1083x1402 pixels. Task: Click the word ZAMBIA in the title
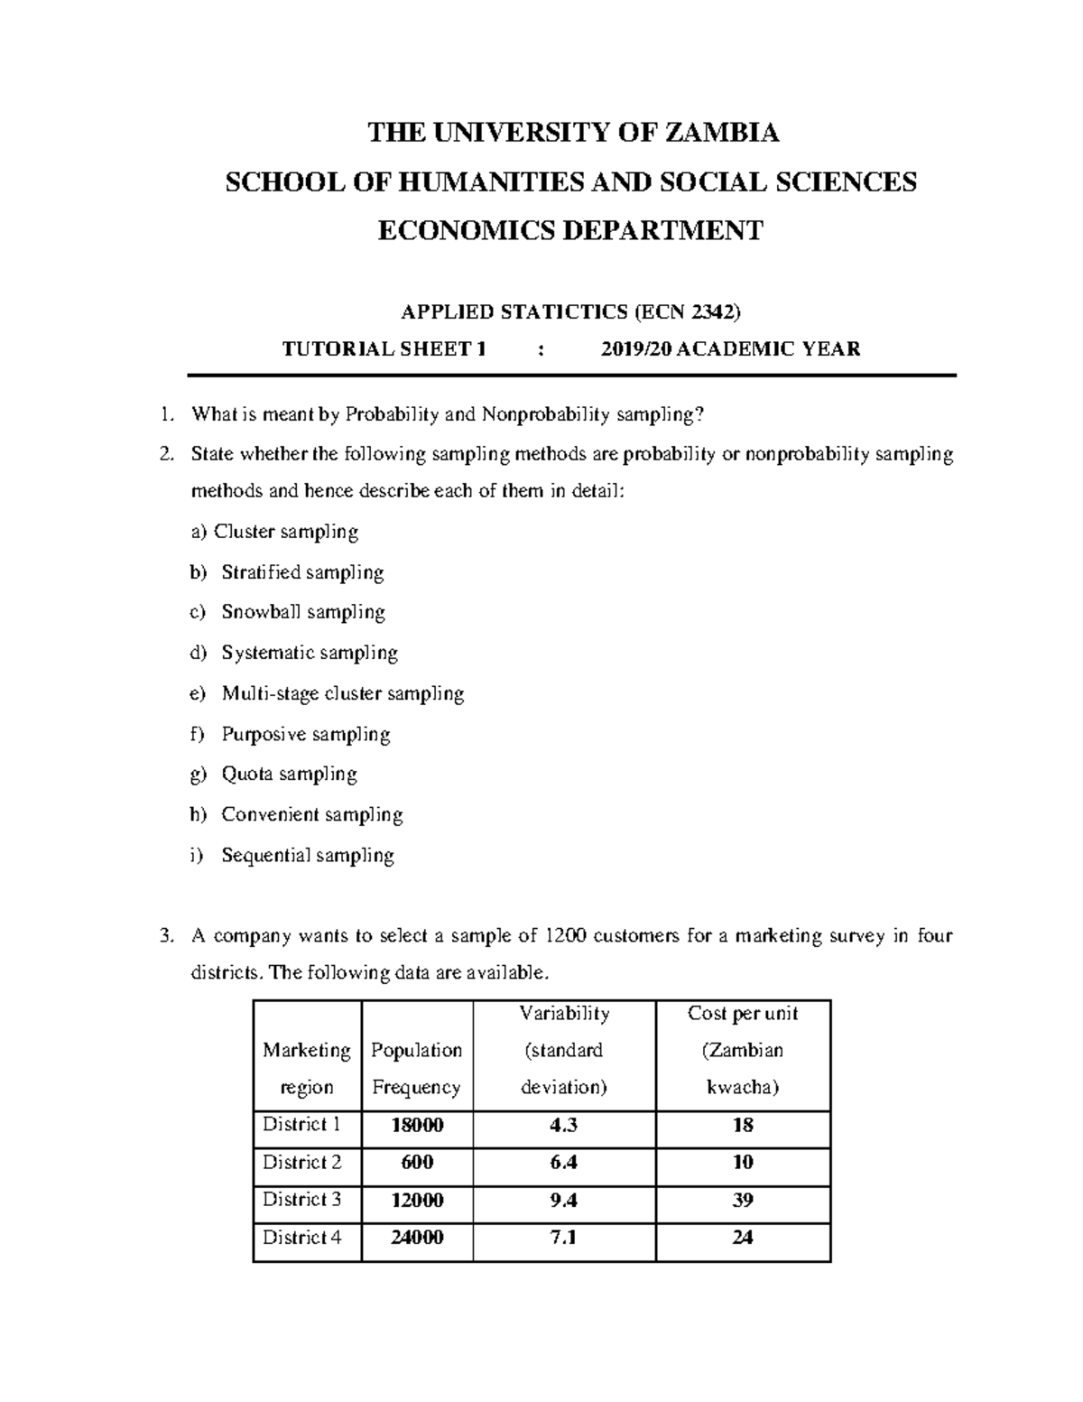point(721,133)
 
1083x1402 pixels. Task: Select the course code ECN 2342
point(689,312)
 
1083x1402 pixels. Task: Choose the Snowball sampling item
point(303,612)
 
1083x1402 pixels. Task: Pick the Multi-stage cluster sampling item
point(342,693)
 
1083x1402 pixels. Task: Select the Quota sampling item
point(289,774)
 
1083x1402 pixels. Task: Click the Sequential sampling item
point(308,855)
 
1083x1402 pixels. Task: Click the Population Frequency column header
point(416,1069)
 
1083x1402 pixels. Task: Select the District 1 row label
point(301,1125)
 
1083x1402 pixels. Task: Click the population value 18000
point(417,1125)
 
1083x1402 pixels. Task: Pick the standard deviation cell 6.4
point(564,1163)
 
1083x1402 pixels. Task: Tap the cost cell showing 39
point(743,1200)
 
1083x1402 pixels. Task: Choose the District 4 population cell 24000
point(417,1238)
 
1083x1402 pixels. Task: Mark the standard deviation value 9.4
point(564,1200)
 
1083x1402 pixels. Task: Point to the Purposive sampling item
point(306,734)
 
